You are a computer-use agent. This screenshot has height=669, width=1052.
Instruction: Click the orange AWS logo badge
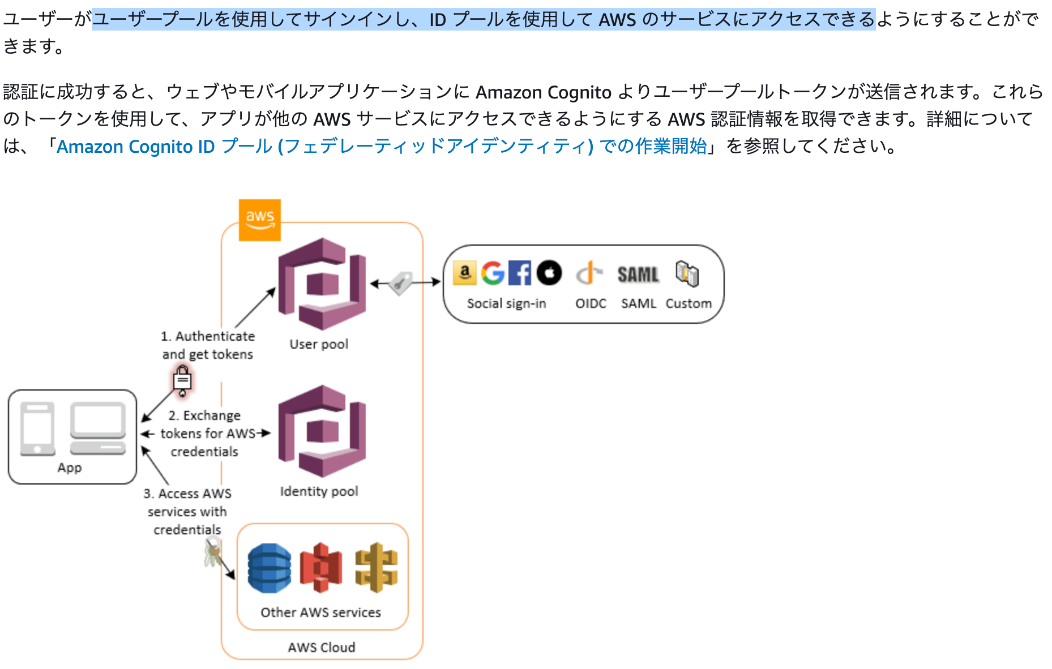point(259,220)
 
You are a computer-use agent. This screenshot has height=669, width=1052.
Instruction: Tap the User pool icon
point(322,284)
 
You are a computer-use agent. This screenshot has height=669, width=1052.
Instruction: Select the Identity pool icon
point(322,431)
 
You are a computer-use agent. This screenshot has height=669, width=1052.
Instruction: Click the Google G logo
point(493,273)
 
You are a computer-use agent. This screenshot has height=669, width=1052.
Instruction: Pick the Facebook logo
point(519,273)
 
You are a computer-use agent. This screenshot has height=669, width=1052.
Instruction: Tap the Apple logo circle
point(549,273)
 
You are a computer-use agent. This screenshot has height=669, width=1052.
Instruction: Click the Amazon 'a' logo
point(465,273)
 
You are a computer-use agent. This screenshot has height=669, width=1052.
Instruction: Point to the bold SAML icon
point(638,275)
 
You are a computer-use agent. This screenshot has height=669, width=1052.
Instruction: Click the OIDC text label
point(591,303)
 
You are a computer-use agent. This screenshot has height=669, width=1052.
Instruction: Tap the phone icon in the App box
point(37,428)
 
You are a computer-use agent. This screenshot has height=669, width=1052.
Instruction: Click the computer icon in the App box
point(98,428)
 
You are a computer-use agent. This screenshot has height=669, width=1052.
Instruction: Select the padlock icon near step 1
point(182,380)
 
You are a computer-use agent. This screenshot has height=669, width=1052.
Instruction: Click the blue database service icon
point(270,568)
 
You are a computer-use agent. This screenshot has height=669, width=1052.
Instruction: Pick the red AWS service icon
point(321,568)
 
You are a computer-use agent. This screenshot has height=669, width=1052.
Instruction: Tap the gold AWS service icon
point(376,568)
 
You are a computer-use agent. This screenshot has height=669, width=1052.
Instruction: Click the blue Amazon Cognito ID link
point(382,147)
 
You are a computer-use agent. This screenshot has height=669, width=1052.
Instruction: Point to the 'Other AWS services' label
point(320,612)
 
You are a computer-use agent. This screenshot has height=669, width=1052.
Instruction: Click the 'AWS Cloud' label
point(321,647)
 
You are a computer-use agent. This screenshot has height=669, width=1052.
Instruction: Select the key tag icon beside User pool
point(401,282)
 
